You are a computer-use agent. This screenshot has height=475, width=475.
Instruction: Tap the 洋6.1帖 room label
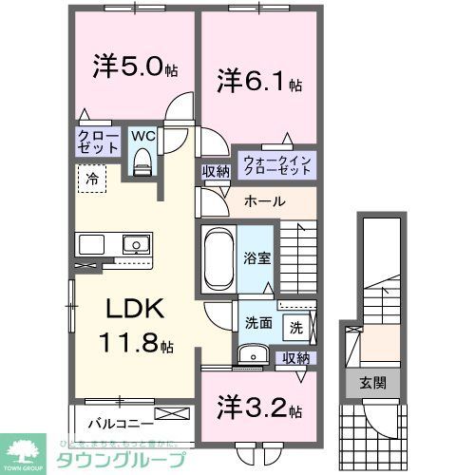click(257, 80)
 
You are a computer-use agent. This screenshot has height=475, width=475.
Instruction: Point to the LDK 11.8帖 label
click(132, 325)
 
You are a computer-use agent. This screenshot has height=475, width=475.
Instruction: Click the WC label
click(142, 136)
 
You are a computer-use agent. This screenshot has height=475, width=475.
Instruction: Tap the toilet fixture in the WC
click(142, 162)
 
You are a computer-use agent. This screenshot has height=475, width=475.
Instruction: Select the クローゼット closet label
click(99, 142)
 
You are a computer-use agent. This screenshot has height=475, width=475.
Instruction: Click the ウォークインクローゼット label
click(275, 163)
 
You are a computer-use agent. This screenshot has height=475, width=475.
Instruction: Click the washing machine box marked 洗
click(296, 328)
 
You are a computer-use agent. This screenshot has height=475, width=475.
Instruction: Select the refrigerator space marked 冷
click(93, 177)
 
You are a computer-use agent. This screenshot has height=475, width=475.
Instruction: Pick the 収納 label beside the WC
click(215, 171)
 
